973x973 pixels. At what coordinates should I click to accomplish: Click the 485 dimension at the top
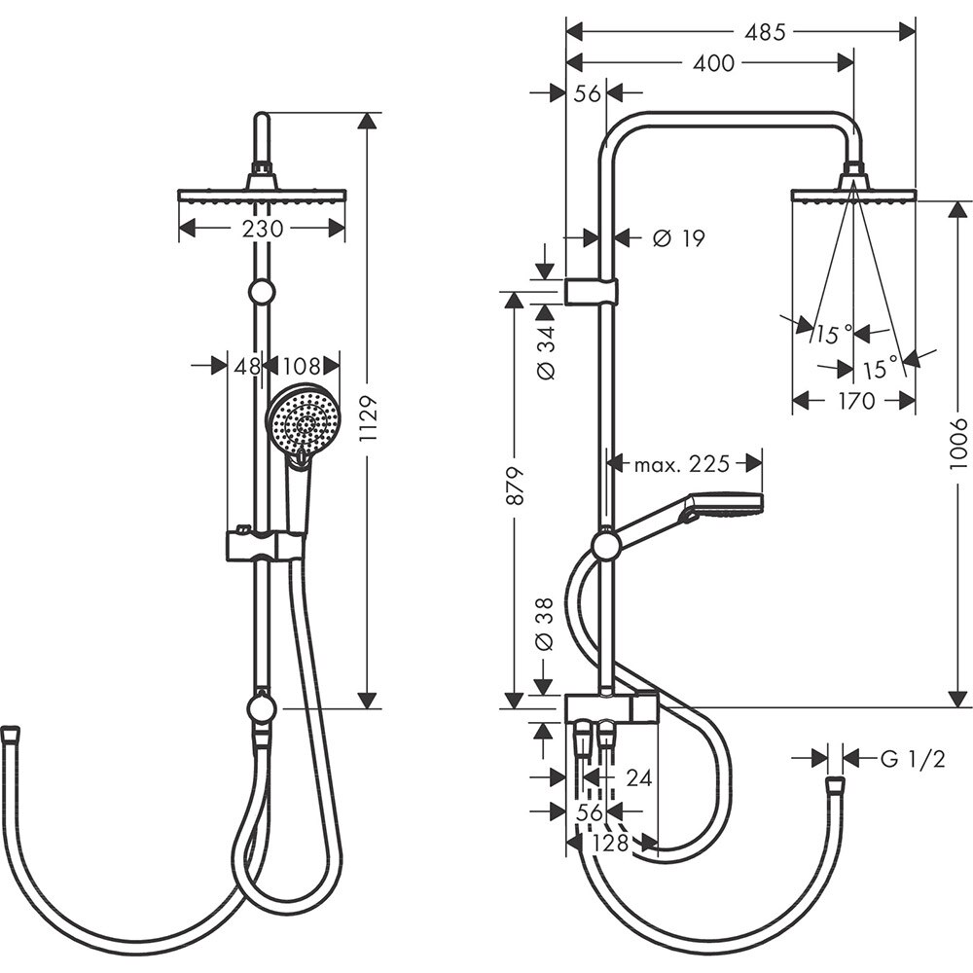coord(765,31)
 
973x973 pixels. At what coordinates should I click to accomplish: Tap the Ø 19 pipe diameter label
coord(678,237)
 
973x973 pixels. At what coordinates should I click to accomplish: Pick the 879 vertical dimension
coord(515,485)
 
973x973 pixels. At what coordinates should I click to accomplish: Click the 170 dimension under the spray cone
coord(854,400)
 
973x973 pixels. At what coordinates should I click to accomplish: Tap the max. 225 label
coord(681,464)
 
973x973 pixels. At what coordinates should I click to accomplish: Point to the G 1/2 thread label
coord(912,758)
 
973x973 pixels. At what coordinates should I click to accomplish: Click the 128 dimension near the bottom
coord(611,843)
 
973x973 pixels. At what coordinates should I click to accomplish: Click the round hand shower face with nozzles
coord(304,421)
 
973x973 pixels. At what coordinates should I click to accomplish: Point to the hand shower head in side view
coord(725,504)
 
